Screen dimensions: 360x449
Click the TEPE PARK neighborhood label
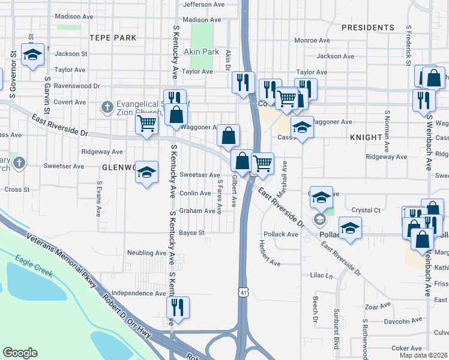click(113, 37)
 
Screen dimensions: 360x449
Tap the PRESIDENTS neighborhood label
click(368, 28)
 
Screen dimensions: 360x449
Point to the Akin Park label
click(201, 52)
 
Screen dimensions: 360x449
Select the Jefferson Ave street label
click(203, 4)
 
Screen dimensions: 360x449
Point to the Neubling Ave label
click(146, 253)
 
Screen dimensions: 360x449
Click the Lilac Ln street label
click(321, 276)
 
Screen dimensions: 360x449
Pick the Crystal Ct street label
click(366, 210)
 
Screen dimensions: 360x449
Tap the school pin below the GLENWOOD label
click(146, 173)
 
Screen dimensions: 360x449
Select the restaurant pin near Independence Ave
click(178, 307)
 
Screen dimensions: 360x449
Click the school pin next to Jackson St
click(32, 55)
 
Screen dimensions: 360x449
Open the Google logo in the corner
click(20, 353)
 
